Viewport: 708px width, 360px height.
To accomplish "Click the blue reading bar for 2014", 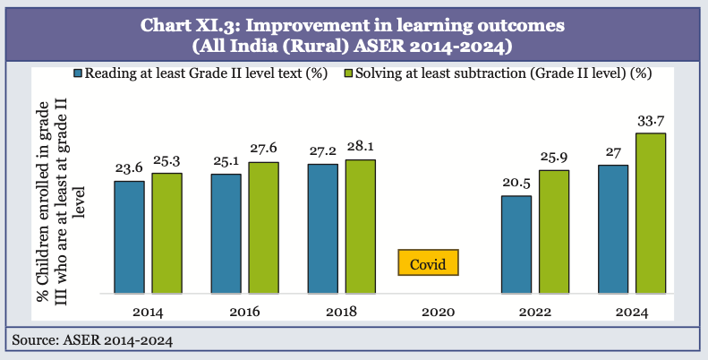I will pos(129,237).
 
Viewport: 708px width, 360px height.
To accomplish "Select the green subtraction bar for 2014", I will pos(166,233).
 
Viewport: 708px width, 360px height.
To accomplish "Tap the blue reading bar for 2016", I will pos(226,234).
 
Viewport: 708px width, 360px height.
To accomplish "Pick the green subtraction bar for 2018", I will pos(360,227).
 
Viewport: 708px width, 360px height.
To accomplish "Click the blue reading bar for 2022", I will pos(516,244).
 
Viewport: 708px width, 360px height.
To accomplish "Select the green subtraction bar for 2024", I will pos(651,213).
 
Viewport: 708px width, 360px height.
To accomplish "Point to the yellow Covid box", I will pos(428,263).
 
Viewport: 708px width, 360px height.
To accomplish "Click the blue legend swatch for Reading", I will pos(80,73).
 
